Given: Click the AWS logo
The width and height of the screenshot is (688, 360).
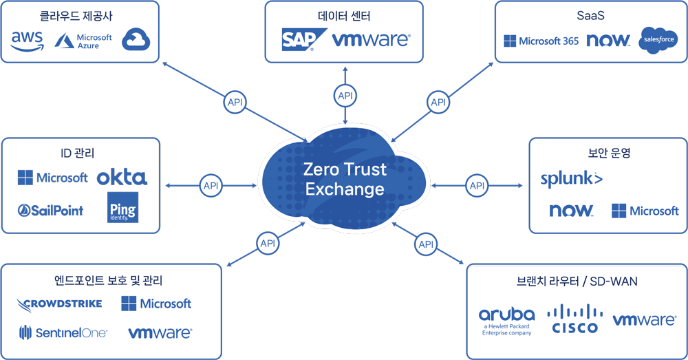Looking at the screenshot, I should [28, 41].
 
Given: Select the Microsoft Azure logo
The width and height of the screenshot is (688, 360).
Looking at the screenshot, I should [83, 41].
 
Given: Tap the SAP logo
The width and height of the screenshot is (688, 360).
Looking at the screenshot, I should [299, 40].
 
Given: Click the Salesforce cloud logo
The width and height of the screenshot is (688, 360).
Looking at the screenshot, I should [658, 41].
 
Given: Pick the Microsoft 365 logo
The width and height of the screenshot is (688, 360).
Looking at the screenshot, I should [541, 41].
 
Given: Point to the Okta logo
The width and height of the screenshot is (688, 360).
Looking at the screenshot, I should [122, 178].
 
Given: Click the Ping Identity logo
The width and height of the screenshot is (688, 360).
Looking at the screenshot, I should [122, 207].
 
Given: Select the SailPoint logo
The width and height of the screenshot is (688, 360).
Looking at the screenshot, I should [52, 211].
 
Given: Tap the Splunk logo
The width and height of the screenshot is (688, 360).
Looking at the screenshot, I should [571, 179].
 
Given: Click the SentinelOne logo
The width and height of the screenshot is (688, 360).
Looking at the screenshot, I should [63, 333].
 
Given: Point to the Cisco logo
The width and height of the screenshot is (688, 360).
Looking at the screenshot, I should [574, 319].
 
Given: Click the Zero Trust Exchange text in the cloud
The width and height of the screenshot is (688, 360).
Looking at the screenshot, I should [345, 178].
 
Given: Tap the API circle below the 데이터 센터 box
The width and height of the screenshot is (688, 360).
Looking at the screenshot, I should [345, 96].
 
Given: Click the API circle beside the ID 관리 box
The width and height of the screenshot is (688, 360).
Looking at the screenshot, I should [211, 185].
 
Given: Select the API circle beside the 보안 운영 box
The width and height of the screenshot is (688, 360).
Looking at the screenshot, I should [476, 185].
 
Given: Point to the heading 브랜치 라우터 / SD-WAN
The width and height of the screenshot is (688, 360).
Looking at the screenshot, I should [577, 281].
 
